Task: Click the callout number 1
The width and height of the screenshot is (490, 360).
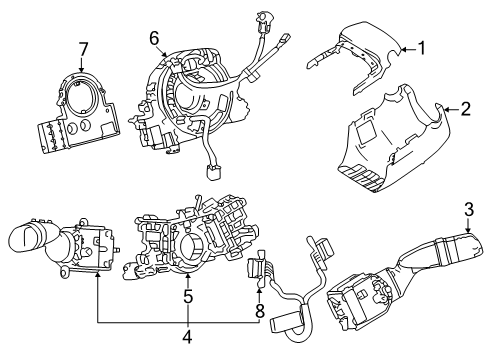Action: (x=421, y=46)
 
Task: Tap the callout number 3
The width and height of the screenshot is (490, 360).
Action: (x=467, y=237)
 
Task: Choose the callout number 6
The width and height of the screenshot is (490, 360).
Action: (x=155, y=38)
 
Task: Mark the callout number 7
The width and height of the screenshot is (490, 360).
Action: (x=84, y=49)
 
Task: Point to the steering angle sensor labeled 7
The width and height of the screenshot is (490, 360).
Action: (x=80, y=115)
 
